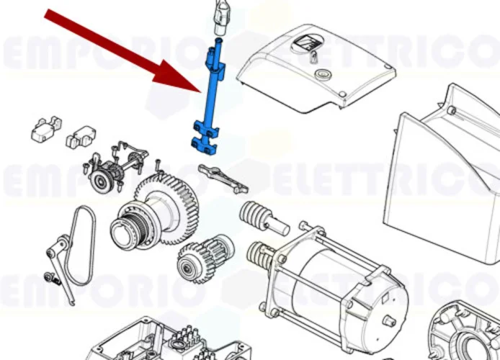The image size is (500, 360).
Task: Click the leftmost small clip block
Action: point(44,127)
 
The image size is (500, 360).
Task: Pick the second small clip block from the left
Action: point(80,136)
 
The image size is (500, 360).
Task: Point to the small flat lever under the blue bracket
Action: point(223,178)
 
